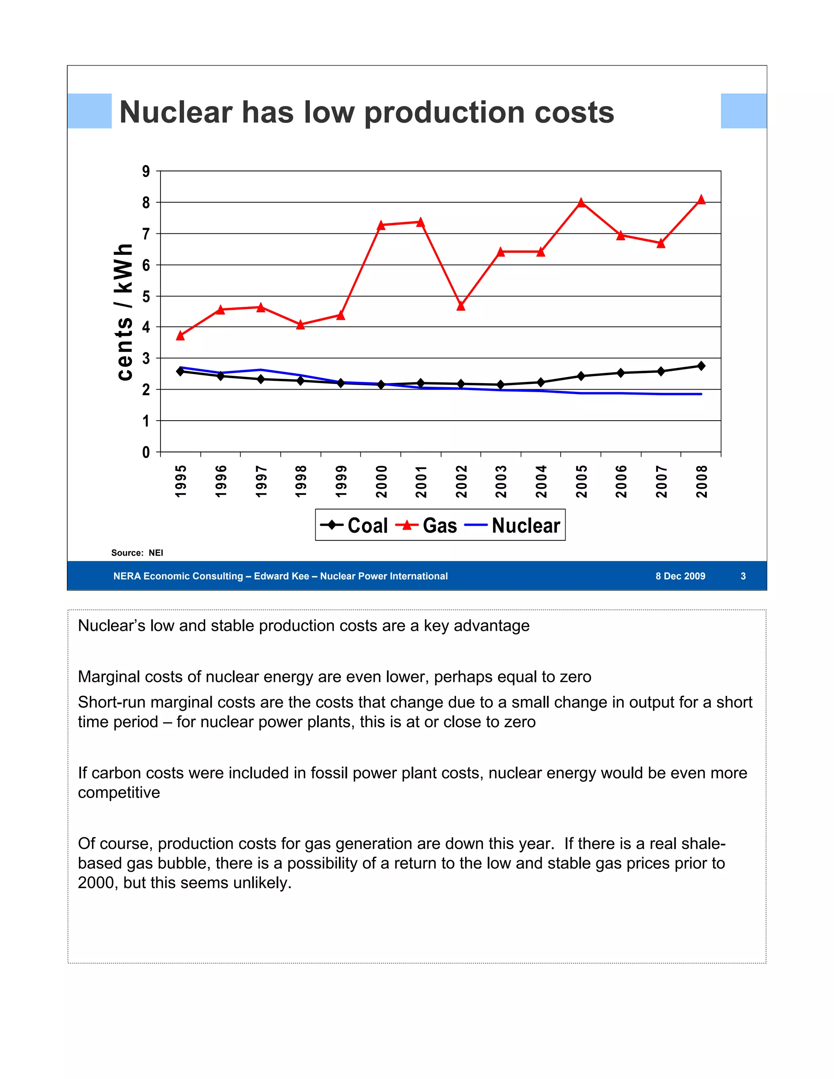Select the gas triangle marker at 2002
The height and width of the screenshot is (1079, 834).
click(461, 306)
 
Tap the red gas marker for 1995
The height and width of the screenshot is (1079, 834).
click(180, 336)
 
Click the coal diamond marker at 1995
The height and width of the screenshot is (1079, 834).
click(180, 371)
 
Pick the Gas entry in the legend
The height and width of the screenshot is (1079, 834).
click(427, 525)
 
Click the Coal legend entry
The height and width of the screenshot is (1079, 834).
click(354, 525)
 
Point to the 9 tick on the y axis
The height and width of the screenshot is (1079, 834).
click(146, 171)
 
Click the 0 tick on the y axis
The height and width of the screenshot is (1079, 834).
click(146, 452)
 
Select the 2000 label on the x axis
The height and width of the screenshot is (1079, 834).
click(381, 481)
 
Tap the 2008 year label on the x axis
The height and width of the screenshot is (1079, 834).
click(702, 481)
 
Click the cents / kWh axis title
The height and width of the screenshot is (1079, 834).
click(124, 312)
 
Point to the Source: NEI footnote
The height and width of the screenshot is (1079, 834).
click(137, 553)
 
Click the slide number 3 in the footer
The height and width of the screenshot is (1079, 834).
click(743, 576)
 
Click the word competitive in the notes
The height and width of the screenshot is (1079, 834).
click(119, 792)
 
